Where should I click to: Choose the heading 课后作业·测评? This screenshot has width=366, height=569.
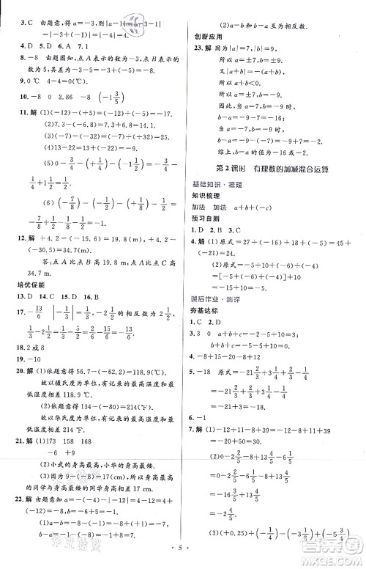[x=214, y=301]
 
